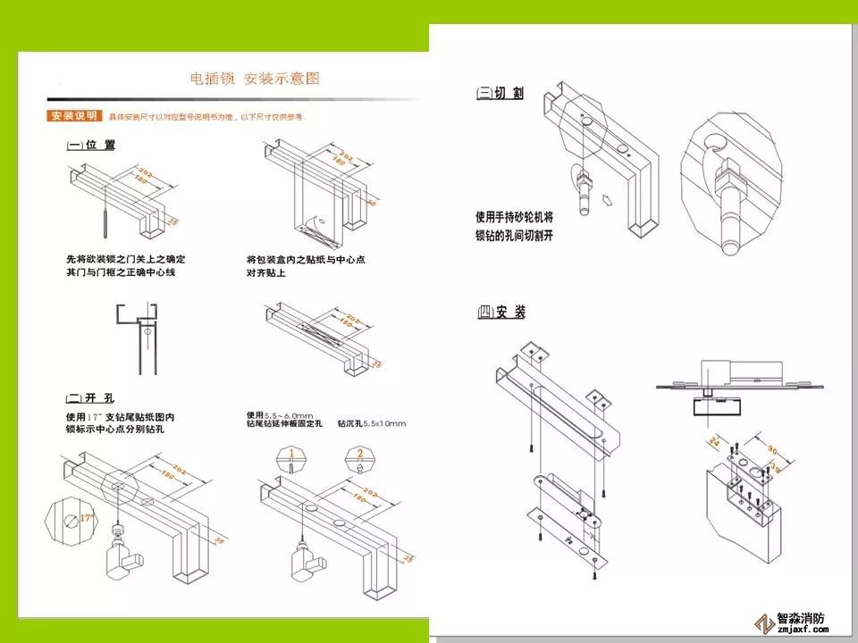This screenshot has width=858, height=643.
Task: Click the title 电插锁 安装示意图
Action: click(255, 79)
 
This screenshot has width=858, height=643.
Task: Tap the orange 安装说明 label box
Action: click(74, 116)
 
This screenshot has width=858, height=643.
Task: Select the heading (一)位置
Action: click(90, 145)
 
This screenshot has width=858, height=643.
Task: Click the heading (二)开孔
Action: click(90, 397)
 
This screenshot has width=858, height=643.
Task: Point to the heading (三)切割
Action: click(500, 93)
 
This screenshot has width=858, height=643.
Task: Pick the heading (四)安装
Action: click(501, 312)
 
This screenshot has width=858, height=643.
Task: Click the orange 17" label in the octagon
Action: click(86, 517)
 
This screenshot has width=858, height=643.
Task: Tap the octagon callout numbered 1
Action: click(291, 459)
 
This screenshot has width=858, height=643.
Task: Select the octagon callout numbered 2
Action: click(360, 459)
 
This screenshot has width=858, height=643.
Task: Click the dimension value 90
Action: click(772, 449)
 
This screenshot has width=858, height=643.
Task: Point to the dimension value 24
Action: click(714, 441)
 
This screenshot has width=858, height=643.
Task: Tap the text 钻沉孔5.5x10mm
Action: click(371, 423)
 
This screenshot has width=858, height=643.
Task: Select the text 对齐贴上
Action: click(266, 272)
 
